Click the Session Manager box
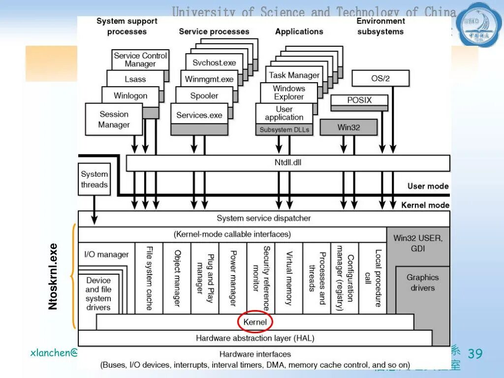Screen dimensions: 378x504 point(114,120)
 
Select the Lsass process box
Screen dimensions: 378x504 point(135,79)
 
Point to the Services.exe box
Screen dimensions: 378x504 point(199,115)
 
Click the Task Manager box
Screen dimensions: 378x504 point(294,75)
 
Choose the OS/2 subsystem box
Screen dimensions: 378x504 point(380,78)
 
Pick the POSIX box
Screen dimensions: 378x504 point(359,100)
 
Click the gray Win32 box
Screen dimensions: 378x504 point(348,127)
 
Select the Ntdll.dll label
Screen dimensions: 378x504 point(288,162)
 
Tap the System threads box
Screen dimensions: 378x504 point(94,179)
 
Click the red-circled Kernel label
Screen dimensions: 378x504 point(255,322)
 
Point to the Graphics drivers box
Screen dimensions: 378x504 point(422,283)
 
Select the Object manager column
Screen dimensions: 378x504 point(177,278)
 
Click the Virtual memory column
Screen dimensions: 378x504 point(289,278)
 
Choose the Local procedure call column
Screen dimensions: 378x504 point(373,278)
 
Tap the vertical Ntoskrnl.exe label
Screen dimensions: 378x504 point(53,277)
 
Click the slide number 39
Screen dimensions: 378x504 point(475,353)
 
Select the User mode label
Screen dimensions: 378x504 point(428,186)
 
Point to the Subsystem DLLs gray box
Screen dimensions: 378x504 point(284,130)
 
